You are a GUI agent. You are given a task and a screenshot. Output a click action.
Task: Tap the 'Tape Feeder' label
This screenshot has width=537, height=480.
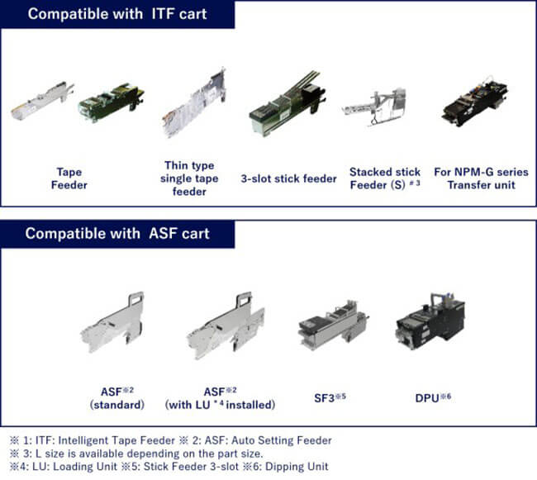coord(69,178)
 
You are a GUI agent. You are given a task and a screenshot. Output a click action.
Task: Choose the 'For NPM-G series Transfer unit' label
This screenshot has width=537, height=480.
coord(481,178)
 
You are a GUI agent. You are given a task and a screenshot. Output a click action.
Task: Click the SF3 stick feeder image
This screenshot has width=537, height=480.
coord(331,324)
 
